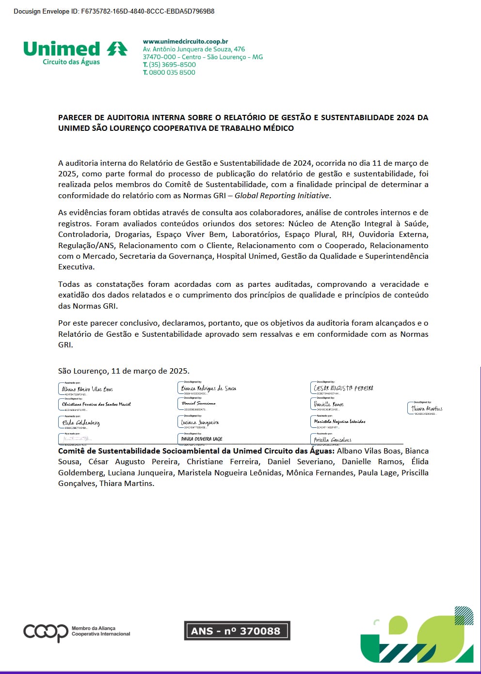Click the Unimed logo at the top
75,53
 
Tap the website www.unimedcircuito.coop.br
185,42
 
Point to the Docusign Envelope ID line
114,11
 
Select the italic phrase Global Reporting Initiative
282,196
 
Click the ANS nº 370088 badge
237,631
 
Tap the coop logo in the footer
46,632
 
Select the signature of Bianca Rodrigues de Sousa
208,389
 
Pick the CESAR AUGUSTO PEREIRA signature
344,388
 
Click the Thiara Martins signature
427,408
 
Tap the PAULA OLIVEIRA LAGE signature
202,439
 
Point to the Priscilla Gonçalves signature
333,440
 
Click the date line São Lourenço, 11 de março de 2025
124,371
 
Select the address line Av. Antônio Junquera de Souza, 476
194,49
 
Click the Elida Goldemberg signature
81,423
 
